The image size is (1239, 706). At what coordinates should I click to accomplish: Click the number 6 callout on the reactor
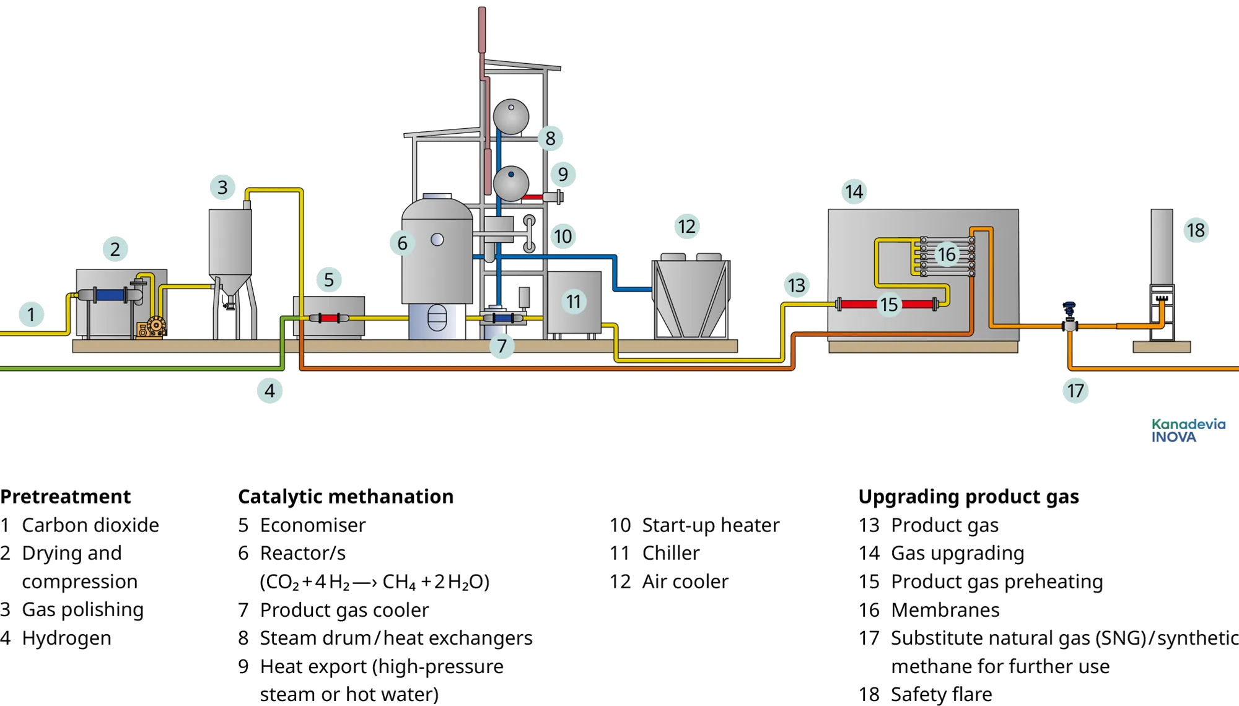pos(402,243)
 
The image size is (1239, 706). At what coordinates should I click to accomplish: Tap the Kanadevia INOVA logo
pos(1188,430)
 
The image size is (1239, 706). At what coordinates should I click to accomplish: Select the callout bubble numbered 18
pos(1195,230)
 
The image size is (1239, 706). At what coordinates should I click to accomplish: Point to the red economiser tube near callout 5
pos(329,318)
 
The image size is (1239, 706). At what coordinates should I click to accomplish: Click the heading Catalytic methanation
pos(346,497)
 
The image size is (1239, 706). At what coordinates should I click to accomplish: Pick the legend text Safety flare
pos(941,694)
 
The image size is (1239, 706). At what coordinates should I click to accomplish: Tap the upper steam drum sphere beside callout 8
pos(511,116)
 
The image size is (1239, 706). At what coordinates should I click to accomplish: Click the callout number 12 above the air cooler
pos(686,227)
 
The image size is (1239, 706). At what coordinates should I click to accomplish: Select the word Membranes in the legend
pos(945,610)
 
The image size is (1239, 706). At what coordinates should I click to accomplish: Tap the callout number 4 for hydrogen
pos(269,391)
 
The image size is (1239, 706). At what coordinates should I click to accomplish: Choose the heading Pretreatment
pos(66,497)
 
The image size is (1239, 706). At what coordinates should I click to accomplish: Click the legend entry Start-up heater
pos(711,525)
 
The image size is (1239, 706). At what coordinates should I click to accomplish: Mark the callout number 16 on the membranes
pos(947,254)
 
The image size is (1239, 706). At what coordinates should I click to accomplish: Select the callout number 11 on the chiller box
pos(574,302)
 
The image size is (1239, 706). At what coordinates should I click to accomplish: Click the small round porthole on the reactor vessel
pos(437,240)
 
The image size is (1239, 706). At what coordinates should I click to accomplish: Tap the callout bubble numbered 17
pos(1075,391)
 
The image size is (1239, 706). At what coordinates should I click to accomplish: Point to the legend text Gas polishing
pos(82,610)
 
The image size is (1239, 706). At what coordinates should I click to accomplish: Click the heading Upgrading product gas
pos(968,497)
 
